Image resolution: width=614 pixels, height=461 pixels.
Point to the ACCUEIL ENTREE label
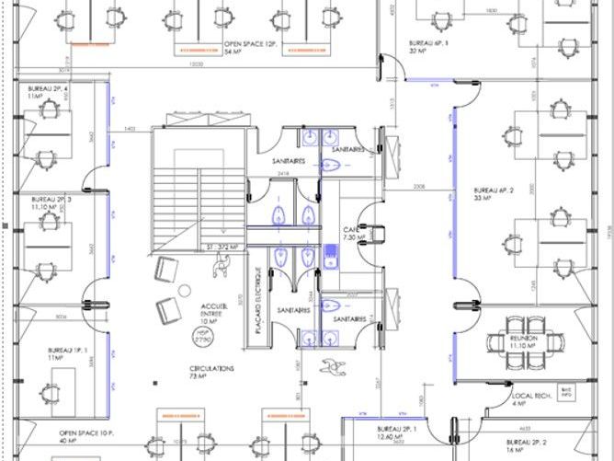217,313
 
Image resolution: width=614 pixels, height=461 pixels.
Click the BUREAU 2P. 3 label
51,203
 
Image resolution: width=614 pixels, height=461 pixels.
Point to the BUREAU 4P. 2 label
493,193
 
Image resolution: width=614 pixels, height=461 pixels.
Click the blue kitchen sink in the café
329,252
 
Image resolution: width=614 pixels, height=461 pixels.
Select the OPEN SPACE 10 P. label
86,435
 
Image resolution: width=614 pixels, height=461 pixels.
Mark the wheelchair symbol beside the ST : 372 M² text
221,265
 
